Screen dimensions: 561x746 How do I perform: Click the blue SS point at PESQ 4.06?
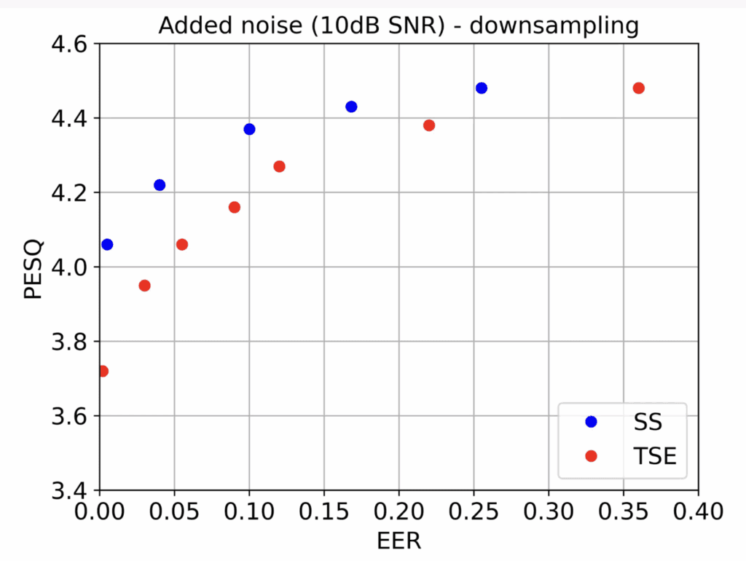point(107,244)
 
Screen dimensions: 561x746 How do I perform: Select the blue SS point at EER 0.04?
point(160,185)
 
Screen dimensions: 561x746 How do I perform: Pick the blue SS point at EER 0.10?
point(249,129)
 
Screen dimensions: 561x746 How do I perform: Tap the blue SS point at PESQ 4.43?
point(351,106)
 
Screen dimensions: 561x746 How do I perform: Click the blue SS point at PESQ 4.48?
point(481,88)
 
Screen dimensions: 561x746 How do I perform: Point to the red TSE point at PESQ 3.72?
point(103,371)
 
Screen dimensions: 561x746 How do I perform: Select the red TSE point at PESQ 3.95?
point(144,286)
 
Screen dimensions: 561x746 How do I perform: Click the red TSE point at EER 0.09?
point(235,207)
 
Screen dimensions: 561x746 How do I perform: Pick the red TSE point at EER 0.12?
point(279,166)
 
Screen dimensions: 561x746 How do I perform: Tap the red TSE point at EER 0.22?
point(429,125)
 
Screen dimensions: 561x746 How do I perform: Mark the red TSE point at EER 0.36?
point(639,88)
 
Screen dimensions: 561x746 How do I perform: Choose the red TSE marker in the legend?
point(591,456)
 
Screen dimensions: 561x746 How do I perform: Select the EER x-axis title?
point(398,541)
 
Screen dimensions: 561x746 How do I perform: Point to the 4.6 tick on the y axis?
point(69,44)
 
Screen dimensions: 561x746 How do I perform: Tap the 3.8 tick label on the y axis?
point(69,342)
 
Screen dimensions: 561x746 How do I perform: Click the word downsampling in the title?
point(557,26)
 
